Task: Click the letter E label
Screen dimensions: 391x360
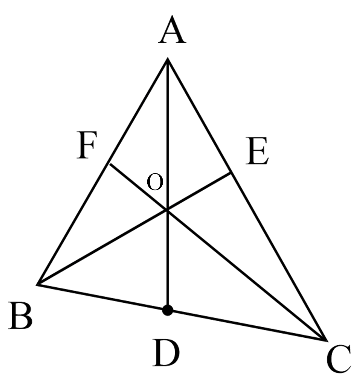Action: tap(257, 150)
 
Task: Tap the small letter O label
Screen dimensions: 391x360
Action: tap(155, 182)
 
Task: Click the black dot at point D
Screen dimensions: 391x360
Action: tap(167, 310)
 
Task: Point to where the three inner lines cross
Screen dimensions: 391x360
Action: tap(167, 210)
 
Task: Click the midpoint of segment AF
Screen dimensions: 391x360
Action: tap(139, 111)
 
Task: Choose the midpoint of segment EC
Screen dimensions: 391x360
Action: tap(278, 256)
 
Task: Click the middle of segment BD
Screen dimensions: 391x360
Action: tap(102, 297)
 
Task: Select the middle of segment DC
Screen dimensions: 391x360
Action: tap(246, 325)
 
